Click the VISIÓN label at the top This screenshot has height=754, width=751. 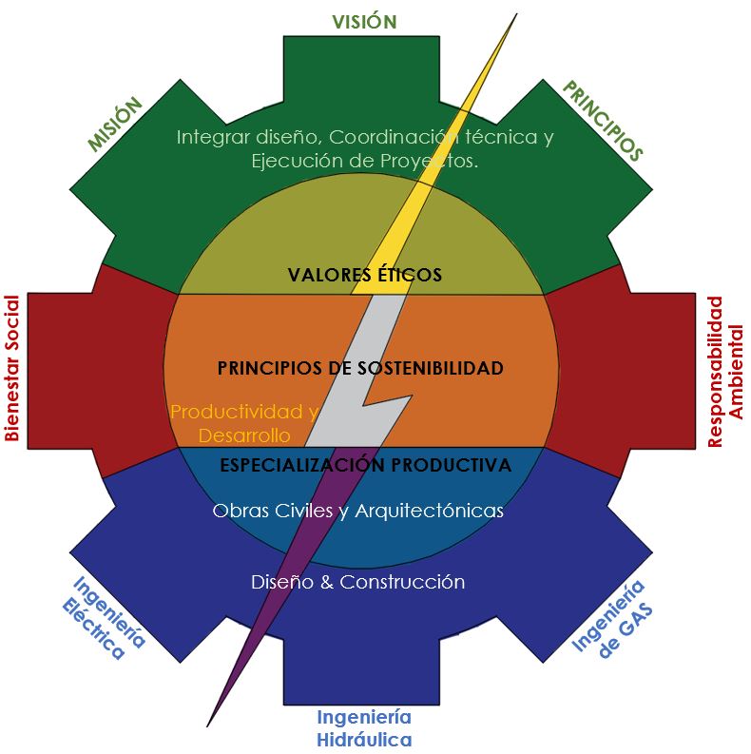pos(364,21)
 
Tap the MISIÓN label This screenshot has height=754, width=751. pos(115,125)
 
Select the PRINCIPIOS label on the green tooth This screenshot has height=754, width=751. pos(603,120)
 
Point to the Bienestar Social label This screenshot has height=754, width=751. pos(11,368)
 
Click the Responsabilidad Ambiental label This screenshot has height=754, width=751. pos(725,372)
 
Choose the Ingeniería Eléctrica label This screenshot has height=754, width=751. pos(104,617)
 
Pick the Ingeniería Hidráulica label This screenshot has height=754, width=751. pos(364,728)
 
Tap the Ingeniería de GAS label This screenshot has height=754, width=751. pos(612,619)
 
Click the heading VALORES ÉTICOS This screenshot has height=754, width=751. pos(364,275)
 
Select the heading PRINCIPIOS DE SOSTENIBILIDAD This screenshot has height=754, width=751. pos(360,368)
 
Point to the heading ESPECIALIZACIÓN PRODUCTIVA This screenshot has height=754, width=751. pos(365,465)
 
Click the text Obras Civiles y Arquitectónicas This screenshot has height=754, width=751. pos(357,511)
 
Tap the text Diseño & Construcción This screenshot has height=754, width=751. pos(357,582)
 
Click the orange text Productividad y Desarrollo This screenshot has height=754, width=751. pos(244,423)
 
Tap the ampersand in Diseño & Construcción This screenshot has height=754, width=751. pos(327,582)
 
